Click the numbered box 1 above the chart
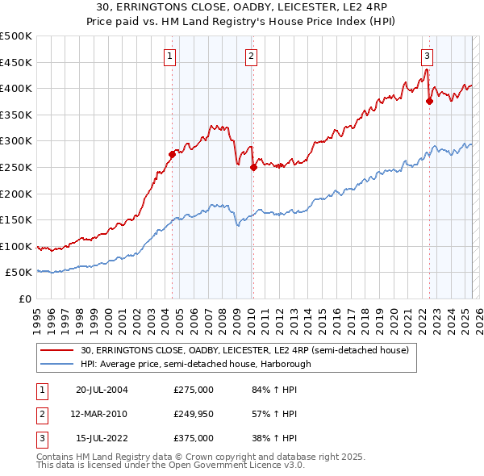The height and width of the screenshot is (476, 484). pyautogui.click(x=171, y=56)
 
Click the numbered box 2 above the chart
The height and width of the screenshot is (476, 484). pyautogui.click(x=252, y=56)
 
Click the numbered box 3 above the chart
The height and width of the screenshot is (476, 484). pyautogui.click(x=427, y=56)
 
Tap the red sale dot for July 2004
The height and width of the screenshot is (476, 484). pyautogui.click(x=172, y=154)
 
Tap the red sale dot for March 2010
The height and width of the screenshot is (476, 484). pyautogui.click(x=253, y=168)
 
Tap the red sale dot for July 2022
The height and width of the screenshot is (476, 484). pyautogui.click(x=429, y=102)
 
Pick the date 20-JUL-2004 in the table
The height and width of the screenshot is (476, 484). pyautogui.click(x=102, y=390)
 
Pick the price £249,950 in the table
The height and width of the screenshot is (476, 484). pyautogui.click(x=194, y=414)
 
